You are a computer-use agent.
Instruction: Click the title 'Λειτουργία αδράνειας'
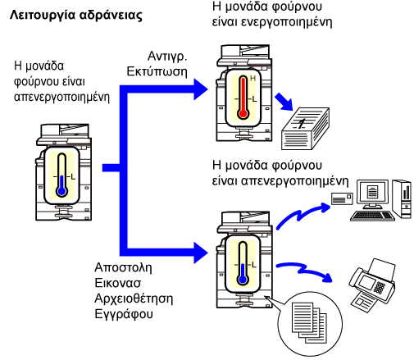coord(76,16)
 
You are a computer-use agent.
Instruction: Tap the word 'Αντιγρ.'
coord(167,57)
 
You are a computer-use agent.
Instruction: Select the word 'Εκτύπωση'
coord(157,71)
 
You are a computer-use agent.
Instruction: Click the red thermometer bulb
coord(243,113)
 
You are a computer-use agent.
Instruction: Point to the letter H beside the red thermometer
coord(252,79)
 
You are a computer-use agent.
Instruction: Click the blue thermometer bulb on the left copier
coord(62,191)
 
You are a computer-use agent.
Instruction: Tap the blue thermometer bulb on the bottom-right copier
coord(243,280)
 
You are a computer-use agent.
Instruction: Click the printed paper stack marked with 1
coord(306,129)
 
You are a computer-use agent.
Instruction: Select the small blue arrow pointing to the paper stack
coord(284,102)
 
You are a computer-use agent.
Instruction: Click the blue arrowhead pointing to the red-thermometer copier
coord(201,89)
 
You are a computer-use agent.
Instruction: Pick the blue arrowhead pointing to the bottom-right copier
coord(201,253)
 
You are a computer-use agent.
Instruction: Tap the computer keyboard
coord(372,216)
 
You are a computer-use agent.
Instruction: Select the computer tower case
coord(402,198)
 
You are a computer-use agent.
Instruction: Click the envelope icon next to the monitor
coord(342,198)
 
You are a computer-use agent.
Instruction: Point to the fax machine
coord(372,285)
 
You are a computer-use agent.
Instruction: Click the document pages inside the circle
coord(309,322)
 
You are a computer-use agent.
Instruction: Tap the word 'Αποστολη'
coord(123,267)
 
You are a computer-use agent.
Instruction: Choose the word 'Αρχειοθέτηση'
coord(134,298)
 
